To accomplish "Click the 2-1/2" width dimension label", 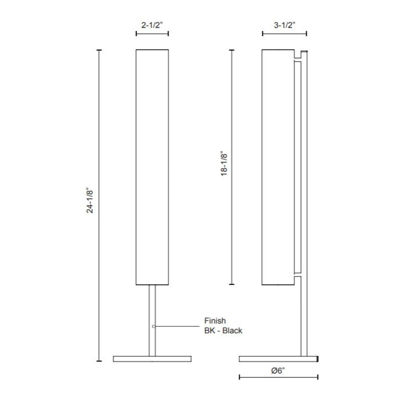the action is coord(152,25).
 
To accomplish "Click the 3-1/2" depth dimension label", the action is coord(284,25).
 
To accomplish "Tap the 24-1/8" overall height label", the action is coord(90,201).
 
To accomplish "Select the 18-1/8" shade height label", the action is coord(224,164).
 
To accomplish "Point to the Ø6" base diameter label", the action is coord(278,370).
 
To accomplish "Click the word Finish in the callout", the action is coord(215,321).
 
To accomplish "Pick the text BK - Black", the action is coord(223,330).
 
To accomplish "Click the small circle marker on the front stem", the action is coord(153,326).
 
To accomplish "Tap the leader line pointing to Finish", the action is coord(177,326).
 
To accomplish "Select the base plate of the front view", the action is coord(152,359).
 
